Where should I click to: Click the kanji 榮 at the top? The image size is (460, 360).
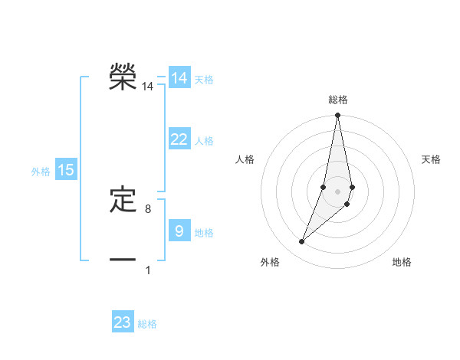tap(123, 77)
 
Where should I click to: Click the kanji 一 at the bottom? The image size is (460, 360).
tap(123, 260)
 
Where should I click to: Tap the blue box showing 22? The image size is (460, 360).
tap(179, 139)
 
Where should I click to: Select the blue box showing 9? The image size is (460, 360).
tap(179, 231)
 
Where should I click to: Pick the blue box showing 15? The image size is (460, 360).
tap(66, 171)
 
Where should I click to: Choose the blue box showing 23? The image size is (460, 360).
tap(123, 322)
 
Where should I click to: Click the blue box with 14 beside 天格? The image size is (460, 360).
tap(179, 78)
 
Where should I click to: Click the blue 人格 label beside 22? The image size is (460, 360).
tap(204, 141)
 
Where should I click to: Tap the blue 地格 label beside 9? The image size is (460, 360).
tap(204, 233)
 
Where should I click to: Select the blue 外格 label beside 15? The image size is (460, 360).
tap(41, 172)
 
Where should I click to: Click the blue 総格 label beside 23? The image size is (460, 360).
tap(147, 324)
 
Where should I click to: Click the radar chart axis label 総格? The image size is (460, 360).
tap(338, 100)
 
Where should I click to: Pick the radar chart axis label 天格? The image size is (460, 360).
tap(432, 159)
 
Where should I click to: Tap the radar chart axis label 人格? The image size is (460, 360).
tap(245, 159)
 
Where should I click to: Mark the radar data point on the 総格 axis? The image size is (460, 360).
tap(338, 116)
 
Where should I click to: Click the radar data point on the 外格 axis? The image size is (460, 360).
tap(302, 242)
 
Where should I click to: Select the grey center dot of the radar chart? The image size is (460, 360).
tap(338, 191)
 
